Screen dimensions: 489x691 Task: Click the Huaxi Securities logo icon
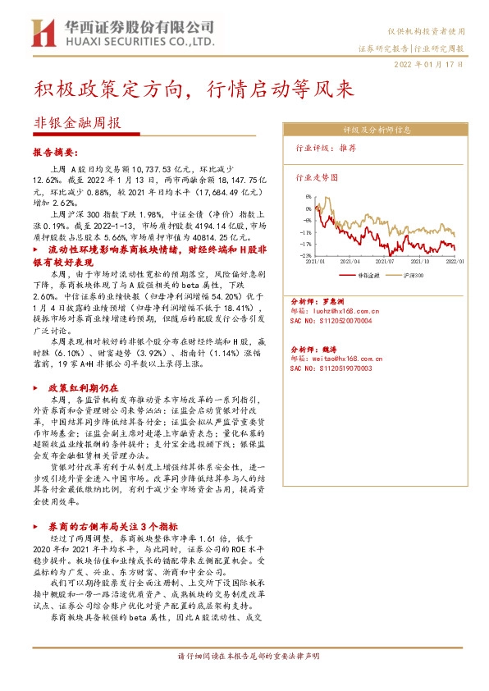[x=41, y=33]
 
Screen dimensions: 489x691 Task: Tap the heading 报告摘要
[x=55, y=153]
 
